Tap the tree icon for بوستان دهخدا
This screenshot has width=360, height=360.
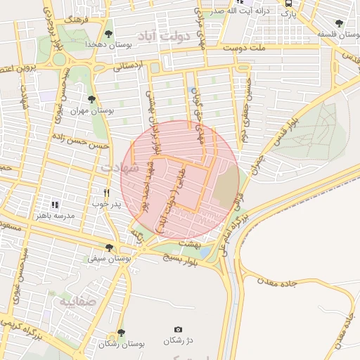108,33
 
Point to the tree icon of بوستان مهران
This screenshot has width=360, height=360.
91,100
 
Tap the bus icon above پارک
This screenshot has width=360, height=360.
288,3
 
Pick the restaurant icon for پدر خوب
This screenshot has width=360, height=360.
107,192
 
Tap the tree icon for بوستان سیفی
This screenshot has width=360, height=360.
108,247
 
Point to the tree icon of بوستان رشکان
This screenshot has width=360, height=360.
121,333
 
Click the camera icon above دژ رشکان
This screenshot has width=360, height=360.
178,330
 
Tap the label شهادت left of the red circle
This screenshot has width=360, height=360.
115,169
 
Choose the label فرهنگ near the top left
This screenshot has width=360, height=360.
74,20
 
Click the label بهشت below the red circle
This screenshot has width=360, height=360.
189,242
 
